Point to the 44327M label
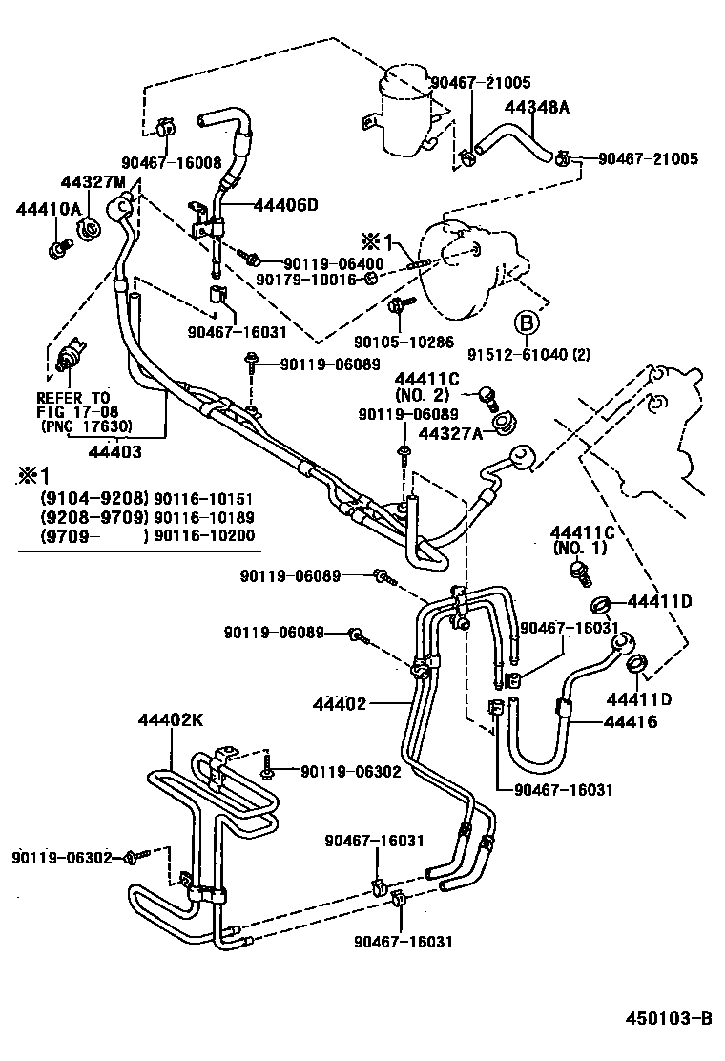tap(93, 182)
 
